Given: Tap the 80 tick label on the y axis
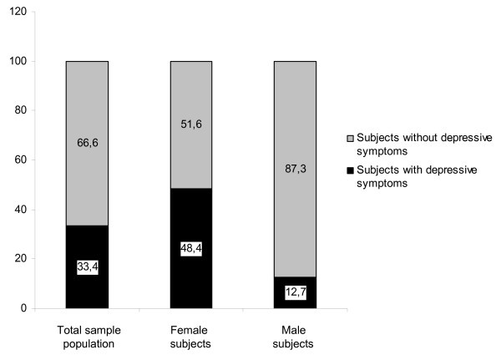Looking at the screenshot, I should click(19, 111).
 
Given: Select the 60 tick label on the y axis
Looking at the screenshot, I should click(19, 160).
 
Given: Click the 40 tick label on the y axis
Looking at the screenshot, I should click(19, 210).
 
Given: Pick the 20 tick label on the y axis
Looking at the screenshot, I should click(19, 259).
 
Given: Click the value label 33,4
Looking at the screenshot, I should click(87, 267).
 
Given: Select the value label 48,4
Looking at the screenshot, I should click(191, 249).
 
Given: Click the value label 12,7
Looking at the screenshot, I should click(296, 292).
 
